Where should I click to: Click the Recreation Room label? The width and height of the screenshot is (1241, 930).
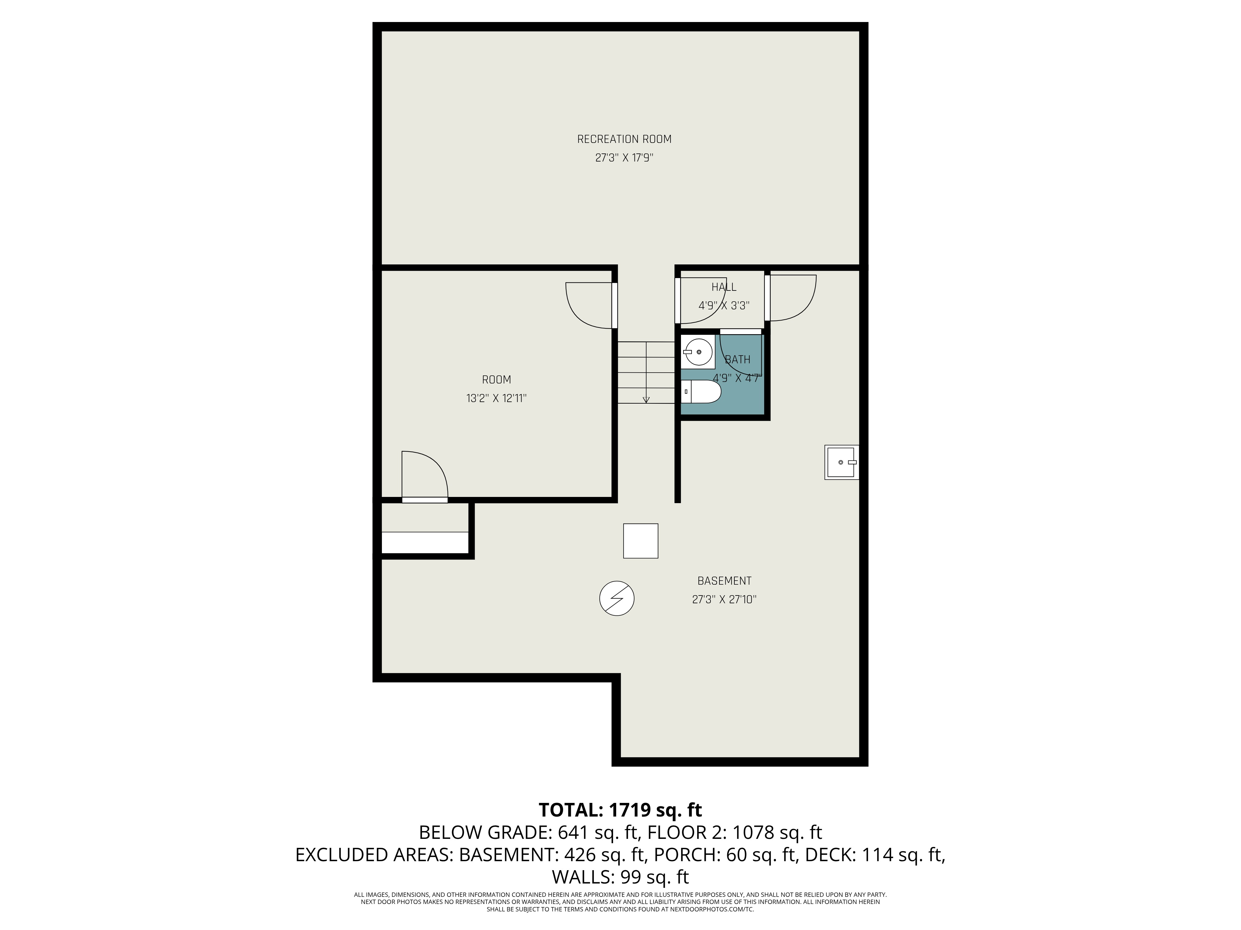[x=624, y=139]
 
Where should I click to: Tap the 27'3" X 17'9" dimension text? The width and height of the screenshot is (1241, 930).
[x=624, y=158]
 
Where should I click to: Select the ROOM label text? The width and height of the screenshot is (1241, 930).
[x=496, y=379]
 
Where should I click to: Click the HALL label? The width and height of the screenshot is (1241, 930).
[x=724, y=287]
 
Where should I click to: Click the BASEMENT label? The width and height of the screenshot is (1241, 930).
[x=724, y=581]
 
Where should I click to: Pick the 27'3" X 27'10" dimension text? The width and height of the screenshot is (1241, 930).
[x=724, y=599]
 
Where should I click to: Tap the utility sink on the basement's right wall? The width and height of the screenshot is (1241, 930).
[x=841, y=462]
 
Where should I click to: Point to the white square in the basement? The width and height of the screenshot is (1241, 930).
[x=640, y=540]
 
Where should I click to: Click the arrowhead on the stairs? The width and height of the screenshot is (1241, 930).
[x=646, y=399]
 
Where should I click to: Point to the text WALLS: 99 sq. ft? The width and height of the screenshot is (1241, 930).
[x=620, y=877]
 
